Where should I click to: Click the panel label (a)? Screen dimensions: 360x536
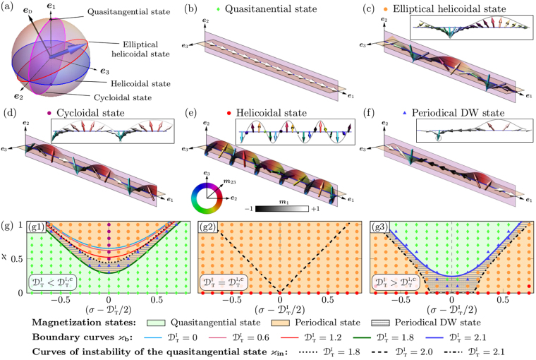point(9,8)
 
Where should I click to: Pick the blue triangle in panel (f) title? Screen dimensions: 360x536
point(401,112)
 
